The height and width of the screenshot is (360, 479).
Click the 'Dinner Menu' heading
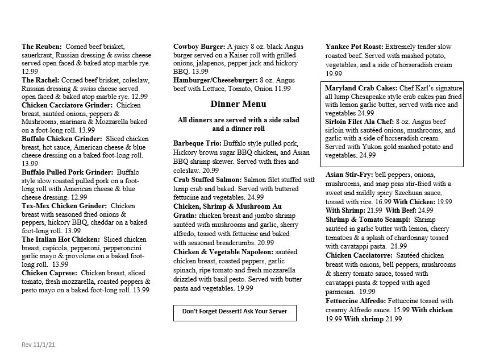(x=238, y=104)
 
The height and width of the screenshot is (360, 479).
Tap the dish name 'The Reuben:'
(x=42, y=46)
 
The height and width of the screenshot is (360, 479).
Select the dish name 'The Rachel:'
(x=40, y=80)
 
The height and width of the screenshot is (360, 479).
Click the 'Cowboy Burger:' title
(x=199, y=46)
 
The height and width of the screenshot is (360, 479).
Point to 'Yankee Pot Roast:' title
(x=355, y=46)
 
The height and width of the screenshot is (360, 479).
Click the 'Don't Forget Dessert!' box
(x=235, y=312)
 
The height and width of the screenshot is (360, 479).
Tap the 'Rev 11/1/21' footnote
(x=38, y=345)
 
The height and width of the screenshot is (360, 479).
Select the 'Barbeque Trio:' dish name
(x=197, y=143)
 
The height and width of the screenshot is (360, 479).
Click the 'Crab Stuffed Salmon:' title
(x=207, y=180)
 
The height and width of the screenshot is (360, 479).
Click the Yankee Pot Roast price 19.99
(x=334, y=73)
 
